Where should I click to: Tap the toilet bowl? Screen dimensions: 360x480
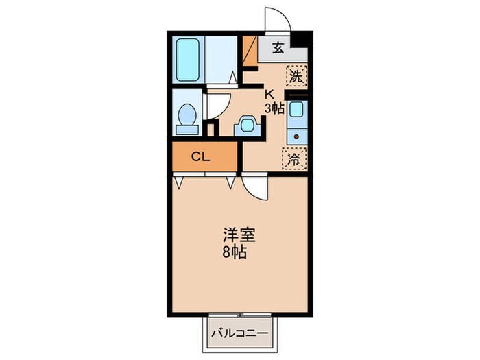185,112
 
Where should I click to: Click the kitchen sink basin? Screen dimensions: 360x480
296,109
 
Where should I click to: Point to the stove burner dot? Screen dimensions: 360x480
296,136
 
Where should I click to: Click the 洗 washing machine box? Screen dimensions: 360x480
296,76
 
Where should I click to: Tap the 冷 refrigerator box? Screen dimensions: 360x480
292,159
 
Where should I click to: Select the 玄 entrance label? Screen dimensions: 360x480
278,48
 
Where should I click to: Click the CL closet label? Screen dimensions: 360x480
200,157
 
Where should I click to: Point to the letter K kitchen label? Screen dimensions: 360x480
269,94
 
